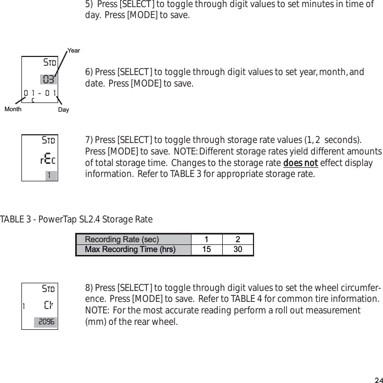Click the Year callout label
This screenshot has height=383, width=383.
click(x=74, y=51)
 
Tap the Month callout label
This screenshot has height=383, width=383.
click(x=13, y=109)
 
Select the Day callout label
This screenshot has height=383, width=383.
click(x=64, y=110)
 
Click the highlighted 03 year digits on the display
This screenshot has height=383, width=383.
click(x=48, y=78)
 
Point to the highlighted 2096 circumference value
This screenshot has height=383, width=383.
click(x=46, y=322)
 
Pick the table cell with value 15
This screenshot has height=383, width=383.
click(x=206, y=250)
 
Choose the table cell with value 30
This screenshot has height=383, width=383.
click(x=238, y=250)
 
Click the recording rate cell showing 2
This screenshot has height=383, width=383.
click(x=238, y=239)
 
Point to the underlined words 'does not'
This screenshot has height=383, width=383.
click(x=300, y=164)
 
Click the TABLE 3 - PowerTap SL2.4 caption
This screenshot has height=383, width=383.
click(x=76, y=220)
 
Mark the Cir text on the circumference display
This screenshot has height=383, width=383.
click(x=49, y=305)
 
